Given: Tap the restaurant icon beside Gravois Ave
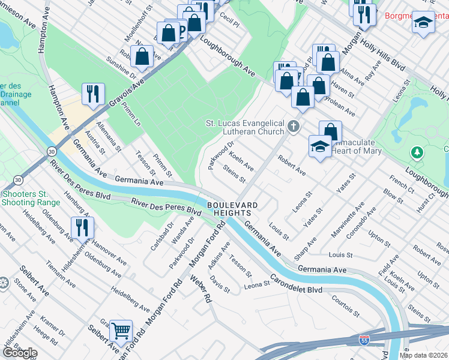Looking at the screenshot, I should click(x=93, y=94).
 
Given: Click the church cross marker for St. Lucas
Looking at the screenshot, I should click(x=293, y=125).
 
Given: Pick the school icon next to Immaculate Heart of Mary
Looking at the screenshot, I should click(x=320, y=146).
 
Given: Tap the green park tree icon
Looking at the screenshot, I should click(x=417, y=152).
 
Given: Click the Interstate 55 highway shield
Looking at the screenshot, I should click(x=364, y=340).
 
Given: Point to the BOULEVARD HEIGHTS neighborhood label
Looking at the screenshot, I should click(x=232, y=210).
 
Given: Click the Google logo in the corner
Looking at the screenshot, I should click(x=20, y=353).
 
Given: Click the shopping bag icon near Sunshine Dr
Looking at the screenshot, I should click(x=142, y=57).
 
